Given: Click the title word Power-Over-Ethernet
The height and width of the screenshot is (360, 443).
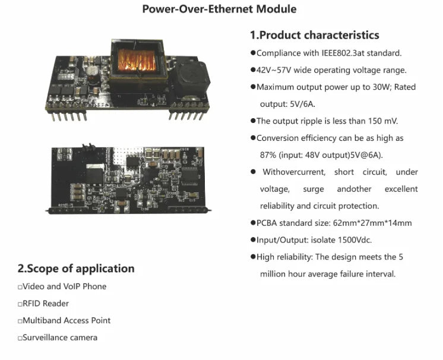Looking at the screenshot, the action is click(198, 9).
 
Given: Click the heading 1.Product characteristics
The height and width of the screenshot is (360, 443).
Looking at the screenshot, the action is click(315, 35).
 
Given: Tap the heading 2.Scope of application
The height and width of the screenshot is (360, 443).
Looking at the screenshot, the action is click(76, 269).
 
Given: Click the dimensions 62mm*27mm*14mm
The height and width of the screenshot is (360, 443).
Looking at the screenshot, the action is click(372, 223).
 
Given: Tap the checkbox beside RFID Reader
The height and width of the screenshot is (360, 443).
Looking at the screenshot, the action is click(20, 304).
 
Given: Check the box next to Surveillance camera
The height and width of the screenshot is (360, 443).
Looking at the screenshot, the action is click(20, 338).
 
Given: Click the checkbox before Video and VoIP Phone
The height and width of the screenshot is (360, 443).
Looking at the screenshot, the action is click(20, 288).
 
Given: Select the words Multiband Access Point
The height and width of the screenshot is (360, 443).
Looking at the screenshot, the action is click(67, 320).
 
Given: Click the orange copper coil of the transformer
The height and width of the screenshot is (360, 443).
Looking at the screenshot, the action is click(137, 59).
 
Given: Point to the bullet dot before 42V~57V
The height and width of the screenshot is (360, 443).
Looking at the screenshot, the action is click(253, 70).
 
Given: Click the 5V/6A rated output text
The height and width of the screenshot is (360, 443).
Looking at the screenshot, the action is click(302, 105).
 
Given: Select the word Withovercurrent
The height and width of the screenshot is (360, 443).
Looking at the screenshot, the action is click(294, 172).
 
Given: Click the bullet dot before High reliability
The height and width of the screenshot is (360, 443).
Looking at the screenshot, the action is click(253, 257).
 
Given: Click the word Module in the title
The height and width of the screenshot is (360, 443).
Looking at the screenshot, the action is click(276, 9).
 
